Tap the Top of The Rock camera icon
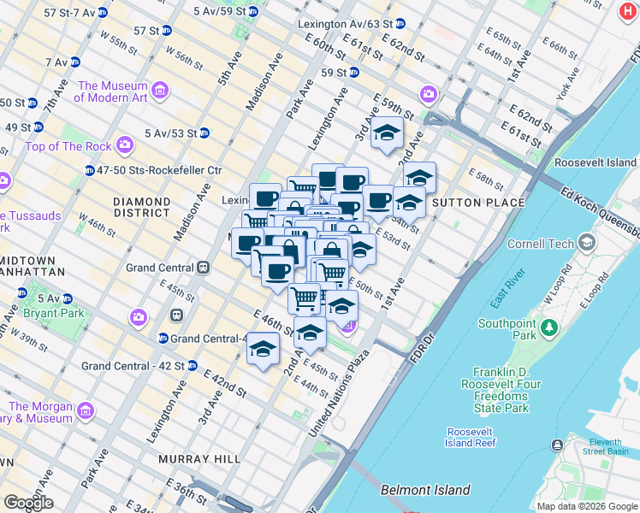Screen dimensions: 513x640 [125, 146]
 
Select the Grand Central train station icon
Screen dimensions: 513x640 [204, 268]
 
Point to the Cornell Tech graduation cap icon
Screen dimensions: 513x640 [586, 244]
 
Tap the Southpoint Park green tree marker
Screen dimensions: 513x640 [548, 327]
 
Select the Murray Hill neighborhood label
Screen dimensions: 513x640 [199, 459]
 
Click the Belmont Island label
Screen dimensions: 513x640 [425, 490]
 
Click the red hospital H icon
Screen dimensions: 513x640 [627, 11]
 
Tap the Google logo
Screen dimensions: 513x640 [28, 503]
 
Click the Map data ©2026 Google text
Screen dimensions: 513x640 [586, 506]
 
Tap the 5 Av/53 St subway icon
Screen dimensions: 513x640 [204, 133]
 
